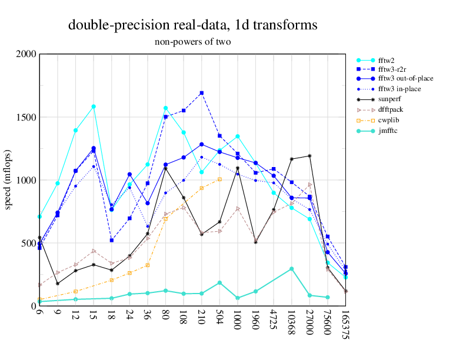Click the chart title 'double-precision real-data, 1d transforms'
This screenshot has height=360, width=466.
192,25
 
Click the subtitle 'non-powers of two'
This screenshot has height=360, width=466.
192,42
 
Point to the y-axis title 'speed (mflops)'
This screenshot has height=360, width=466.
9,179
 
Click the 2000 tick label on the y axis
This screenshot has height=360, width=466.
26,54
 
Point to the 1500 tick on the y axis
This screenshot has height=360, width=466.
26,117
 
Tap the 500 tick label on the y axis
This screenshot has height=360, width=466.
28,243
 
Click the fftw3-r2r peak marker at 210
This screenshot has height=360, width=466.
202,93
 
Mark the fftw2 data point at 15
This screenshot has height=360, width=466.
94,106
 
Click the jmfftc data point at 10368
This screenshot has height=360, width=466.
292,269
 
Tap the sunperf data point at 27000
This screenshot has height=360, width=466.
310,156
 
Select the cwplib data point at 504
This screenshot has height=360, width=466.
219,179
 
